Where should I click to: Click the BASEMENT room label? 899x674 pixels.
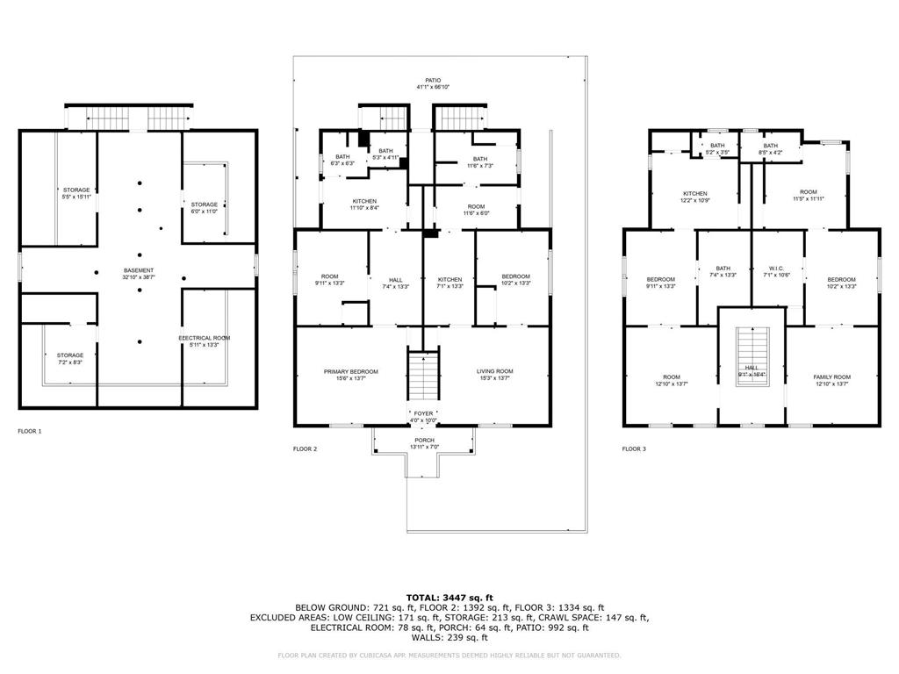139,269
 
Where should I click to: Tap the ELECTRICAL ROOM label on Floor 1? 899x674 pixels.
204,338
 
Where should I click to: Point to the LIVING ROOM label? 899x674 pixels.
495,371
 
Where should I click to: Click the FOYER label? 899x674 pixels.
424,412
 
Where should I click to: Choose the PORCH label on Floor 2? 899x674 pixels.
424,440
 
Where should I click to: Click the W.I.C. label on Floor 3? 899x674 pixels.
778,268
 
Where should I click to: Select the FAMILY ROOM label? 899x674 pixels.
831,376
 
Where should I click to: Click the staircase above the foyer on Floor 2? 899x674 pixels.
424,373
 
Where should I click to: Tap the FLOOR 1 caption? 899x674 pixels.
30,431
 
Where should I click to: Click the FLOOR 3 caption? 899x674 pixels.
634,448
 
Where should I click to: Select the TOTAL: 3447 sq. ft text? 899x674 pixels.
449,598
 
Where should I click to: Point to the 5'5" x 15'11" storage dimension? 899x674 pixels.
76,197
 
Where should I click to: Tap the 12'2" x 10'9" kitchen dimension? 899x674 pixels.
695,201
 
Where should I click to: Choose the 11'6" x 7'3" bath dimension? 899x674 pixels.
480,166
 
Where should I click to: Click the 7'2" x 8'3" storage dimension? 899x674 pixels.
70,362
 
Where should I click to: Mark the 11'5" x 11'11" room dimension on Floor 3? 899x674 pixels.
808,199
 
